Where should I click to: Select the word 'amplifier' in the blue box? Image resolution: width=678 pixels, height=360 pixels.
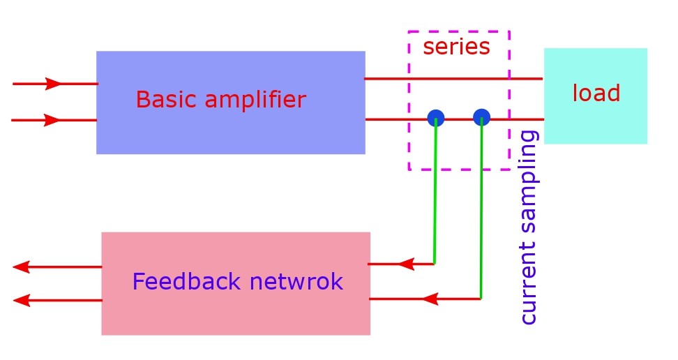point(250,100)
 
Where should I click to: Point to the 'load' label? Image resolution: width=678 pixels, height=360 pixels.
point(596,93)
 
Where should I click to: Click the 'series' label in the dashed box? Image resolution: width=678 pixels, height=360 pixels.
point(456,47)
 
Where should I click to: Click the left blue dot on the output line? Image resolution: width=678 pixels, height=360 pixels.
point(436,118)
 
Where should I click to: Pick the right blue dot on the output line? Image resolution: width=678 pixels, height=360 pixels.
point(481,117)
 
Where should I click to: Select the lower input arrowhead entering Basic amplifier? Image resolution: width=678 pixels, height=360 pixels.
point(52,120)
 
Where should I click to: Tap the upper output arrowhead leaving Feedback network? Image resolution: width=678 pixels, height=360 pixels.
point(21,267)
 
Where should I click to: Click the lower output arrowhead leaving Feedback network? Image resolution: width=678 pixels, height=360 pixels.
point(21,300)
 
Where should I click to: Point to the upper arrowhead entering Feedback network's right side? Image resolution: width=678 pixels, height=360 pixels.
point(406,264)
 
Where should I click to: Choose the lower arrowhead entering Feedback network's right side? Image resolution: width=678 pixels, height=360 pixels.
point(430,299)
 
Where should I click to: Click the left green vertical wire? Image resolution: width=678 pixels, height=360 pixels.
point(435,195)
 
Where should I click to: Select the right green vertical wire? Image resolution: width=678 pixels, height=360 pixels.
point(481,209)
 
